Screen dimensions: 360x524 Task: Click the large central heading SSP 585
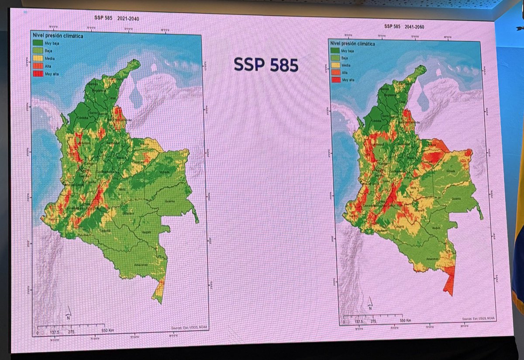coord(265,65)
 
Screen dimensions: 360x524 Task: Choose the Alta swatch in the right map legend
coord(336,73)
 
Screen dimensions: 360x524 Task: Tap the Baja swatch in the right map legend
coord(336,58)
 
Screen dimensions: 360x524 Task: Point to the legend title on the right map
coord(354,43)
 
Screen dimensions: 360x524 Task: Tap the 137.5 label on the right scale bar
coord(359,322)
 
